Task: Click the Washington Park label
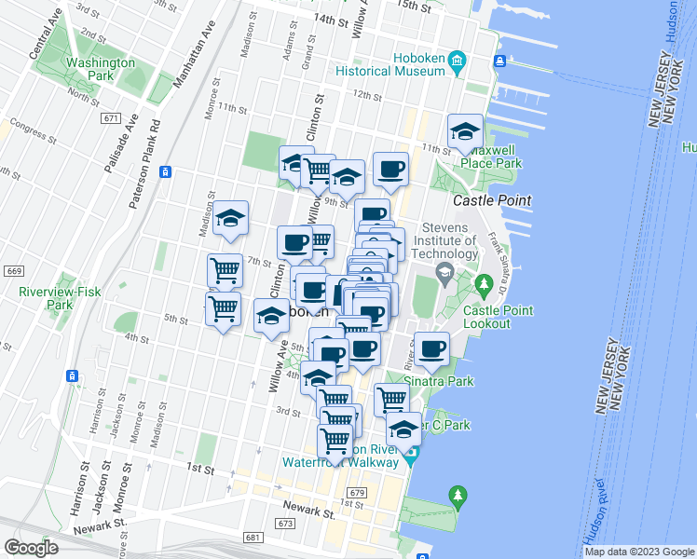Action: click(x=100, y=70)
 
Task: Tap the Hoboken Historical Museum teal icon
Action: click(x=457, y=62)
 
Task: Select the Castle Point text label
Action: click(x=492, y=200)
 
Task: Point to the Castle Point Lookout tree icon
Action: click(x=484, y=283)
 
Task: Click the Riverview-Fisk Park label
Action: click(x=46, y=297)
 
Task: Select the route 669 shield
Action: click(x=13, y=271)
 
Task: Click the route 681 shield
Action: click(x=253, y=538)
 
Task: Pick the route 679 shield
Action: click(x=355, y=492)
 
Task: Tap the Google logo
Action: click(x=31, y=548)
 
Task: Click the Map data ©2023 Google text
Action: click(x=639, y=552)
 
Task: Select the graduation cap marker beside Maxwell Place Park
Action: click(x=464, y=133)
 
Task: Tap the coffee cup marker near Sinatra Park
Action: click(x=430, y=349)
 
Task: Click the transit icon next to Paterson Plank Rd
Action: click(x=165, y=171)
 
